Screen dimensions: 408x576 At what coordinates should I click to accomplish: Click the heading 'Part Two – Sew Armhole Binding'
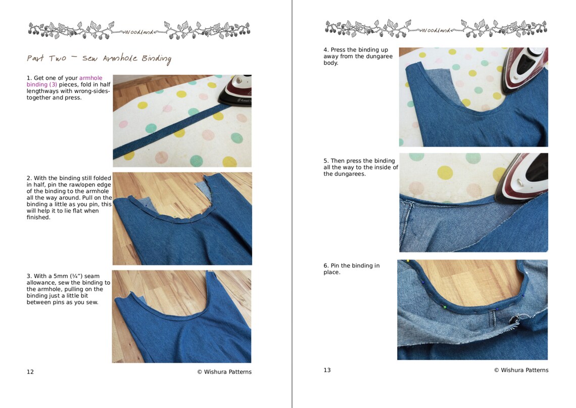[99, 59]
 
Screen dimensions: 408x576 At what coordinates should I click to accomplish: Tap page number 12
[30, 372]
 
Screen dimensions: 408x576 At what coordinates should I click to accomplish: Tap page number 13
[327, 370]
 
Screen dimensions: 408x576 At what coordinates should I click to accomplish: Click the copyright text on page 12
[224, 372]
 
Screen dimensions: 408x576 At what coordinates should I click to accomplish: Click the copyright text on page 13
[521, 370]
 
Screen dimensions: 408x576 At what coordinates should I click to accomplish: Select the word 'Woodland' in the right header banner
[436, 30]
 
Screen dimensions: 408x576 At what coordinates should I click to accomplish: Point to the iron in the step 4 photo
[525, 71]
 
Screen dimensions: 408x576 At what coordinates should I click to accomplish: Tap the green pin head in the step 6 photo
[445, 307]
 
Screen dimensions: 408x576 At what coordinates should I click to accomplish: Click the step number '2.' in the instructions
[29, 178]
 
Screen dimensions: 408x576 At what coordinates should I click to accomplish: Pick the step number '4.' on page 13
[326, 50]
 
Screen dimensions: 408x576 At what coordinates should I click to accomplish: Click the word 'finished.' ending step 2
[38, 218]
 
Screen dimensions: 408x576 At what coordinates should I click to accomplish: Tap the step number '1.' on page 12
[29, 78]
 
